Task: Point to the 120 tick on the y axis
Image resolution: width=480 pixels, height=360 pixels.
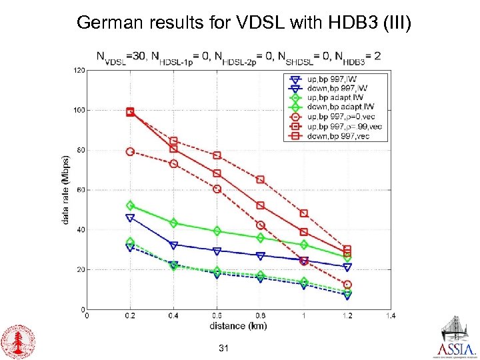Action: (79, 70)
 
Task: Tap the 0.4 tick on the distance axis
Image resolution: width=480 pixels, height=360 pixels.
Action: (173, 316)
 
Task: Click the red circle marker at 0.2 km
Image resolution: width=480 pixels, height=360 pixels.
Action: (131, 151)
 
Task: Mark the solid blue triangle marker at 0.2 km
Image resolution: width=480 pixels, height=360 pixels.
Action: (131, 217)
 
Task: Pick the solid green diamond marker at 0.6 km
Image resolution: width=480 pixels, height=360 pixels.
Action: (217, 231)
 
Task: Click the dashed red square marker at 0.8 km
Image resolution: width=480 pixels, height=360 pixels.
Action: (261, 179)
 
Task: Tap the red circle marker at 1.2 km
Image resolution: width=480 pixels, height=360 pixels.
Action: (347, 285)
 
